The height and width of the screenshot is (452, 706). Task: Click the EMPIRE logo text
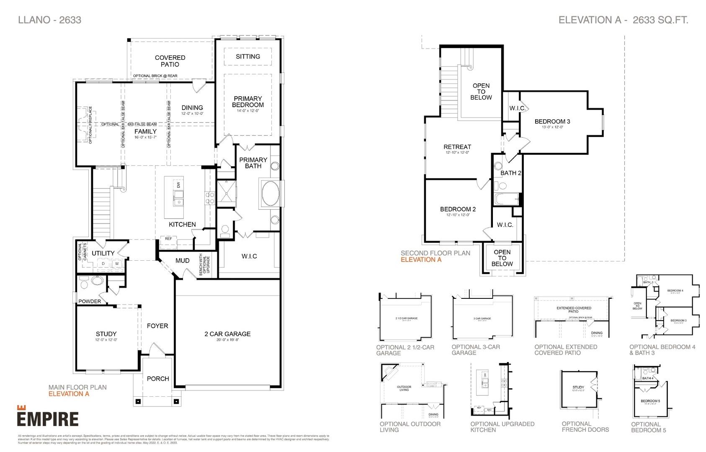48,419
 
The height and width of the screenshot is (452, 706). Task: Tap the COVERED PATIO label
170,61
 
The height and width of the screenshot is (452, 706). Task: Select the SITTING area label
248,56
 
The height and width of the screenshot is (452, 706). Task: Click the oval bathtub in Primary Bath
271,193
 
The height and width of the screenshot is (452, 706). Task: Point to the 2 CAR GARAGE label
227,334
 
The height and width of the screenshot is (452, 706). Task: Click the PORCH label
158,379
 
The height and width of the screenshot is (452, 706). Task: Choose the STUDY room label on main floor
106,334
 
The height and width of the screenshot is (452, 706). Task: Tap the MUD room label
182,261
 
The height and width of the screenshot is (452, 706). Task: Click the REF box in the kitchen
168,239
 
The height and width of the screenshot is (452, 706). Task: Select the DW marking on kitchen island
178,185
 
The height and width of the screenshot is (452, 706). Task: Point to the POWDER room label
90,301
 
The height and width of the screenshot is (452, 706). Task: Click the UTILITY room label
103,253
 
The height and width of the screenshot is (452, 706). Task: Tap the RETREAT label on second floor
457,147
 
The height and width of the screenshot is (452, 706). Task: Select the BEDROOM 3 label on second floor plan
552,122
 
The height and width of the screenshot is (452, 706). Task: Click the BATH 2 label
510,173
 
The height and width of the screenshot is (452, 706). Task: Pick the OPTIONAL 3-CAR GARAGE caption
476,350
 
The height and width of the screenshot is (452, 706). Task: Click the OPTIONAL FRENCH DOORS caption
585,426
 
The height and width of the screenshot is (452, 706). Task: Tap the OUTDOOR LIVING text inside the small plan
404,388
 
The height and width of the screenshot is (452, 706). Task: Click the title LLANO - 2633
50,20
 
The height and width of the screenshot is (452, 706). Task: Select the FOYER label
157,326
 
